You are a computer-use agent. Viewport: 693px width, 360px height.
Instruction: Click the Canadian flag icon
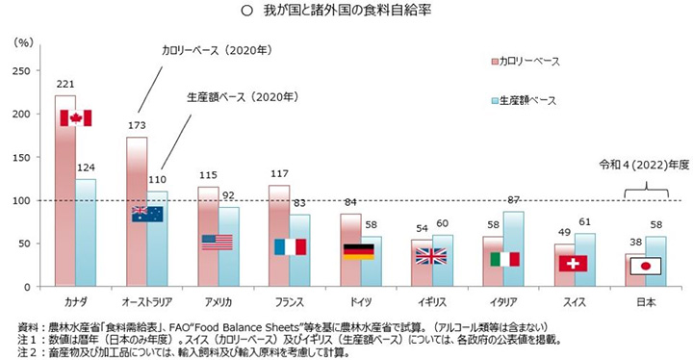click(x=75, y=117)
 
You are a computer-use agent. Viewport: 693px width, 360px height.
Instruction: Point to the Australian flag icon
click(x=147, y=214)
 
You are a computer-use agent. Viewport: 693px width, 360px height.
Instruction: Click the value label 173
click(x=138, y=127)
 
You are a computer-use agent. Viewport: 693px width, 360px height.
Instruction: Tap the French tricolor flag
click(x=290, y=246)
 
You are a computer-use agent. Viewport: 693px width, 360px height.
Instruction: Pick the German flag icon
click(x=358, y=251)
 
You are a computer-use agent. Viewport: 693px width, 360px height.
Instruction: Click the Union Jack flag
click(x=430, y=256)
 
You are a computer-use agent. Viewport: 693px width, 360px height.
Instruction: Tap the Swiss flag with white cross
click(x=573, y=263)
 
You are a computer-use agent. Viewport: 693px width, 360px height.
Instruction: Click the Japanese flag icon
click(x=645, y=267)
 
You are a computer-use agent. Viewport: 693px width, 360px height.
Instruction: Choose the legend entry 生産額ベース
click(x=530, y=100)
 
